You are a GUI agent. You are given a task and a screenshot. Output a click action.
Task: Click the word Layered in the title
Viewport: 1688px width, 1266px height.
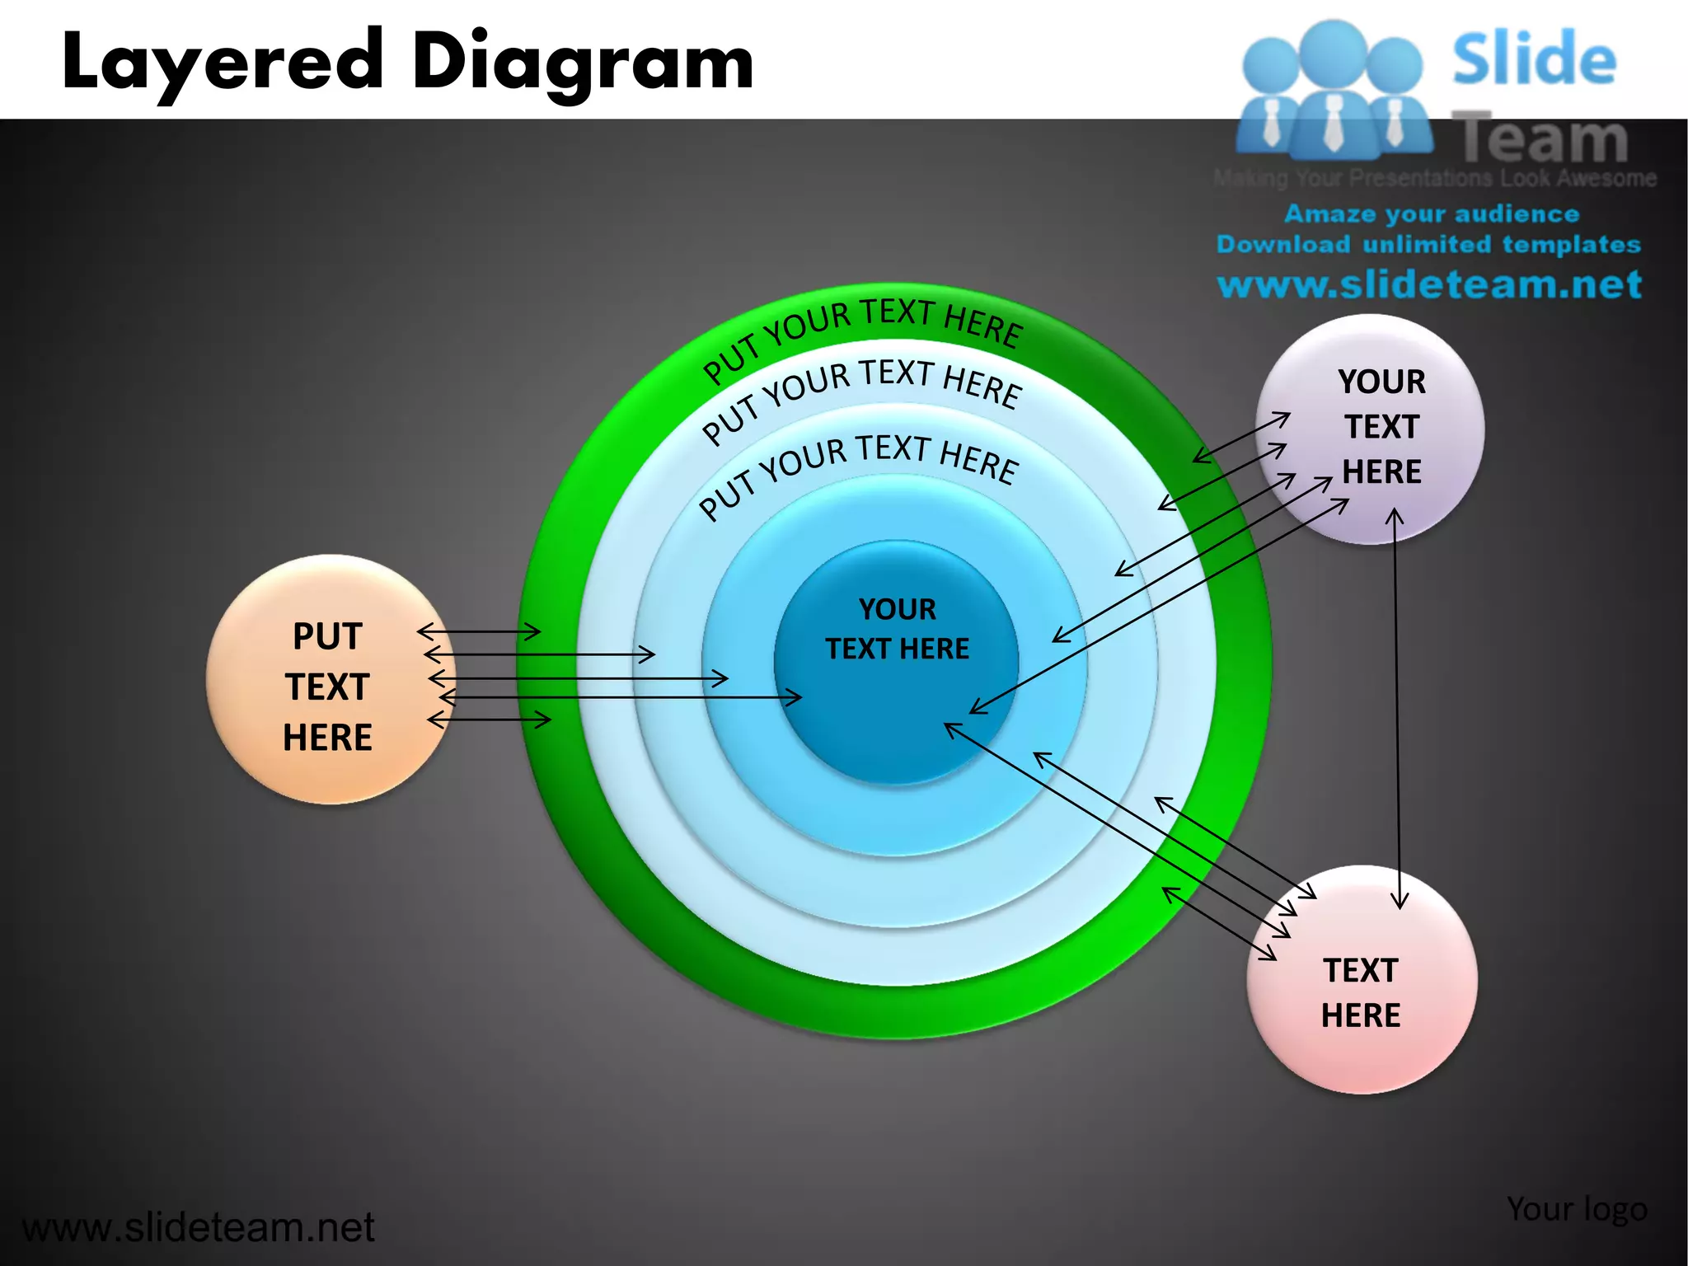(223, 63)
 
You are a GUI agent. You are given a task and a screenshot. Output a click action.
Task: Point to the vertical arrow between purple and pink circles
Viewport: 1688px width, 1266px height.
(1396, 709)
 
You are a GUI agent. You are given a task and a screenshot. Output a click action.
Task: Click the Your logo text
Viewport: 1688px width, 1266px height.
(1577, 1209)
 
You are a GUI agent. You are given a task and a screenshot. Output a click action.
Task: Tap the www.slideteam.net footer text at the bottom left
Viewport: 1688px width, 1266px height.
(198, 1227)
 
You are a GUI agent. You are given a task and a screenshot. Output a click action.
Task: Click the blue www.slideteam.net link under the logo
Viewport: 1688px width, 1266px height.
(1429, 284)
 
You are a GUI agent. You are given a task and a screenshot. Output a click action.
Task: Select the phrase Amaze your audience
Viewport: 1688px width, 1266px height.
(1432, 214)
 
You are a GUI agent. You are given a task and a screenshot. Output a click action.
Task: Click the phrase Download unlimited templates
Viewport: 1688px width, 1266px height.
(1428, 245)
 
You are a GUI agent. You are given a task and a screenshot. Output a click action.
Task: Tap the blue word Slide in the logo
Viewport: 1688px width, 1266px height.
(1534, 59)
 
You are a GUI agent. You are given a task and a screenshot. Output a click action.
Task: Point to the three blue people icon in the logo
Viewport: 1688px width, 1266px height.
(1333, 91)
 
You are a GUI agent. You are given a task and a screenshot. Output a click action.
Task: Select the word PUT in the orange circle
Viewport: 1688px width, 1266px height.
(327, 636)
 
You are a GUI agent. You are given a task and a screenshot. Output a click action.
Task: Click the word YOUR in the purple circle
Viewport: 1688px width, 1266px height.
(1381, 382)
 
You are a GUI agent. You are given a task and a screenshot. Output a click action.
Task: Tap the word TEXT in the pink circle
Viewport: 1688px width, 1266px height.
(1361, 970)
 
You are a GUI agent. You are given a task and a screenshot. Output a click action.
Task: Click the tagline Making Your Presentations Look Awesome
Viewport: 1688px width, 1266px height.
(1434, 178)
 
